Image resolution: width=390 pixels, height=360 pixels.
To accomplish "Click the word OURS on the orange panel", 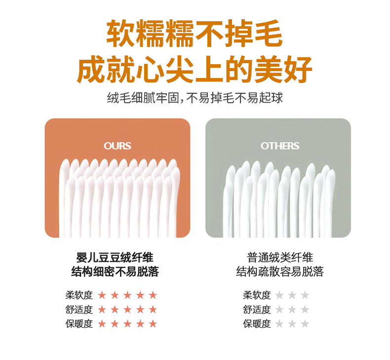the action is pyautogui.click(x=117, y=146).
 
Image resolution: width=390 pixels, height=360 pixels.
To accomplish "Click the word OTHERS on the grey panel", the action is pyautogui.click(x=280, y=146).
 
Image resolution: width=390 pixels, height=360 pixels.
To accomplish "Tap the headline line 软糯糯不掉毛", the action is pyautogui.click(x=195, y=34).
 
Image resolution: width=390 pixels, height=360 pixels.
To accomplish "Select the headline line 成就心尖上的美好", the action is pyautogui.click(x=195, y=70).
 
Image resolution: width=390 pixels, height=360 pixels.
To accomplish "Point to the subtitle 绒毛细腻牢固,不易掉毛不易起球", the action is pyautogui.click(x=195, y=98).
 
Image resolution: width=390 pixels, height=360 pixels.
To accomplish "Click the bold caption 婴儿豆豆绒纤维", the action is pyautogui.click(x=115, y=257).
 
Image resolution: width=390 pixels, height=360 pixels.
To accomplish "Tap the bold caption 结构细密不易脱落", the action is pyautogui.click(x=115, y=272).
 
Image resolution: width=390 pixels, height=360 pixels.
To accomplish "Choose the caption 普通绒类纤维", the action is pyautogui.click(x=280, y=257).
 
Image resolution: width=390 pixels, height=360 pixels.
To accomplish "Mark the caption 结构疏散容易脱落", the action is pyautogui.click(x=280, y=272).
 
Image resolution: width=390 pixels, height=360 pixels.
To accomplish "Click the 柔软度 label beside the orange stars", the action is pyautogui.click(x=79, y=295).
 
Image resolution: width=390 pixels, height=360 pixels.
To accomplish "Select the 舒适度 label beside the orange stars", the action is pyautogui.click(x=79, y=310).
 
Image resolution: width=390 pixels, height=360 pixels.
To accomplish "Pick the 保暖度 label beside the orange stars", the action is pyautogui.click(x=79, y=324).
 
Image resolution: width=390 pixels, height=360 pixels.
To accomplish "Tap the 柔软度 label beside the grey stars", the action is pyautogui.click(x=257, y=295).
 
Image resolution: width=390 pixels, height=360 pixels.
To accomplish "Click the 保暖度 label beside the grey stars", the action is pyautogui.click(x=257, y=324).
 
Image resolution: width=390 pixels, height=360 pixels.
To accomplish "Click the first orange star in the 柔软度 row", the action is pyautogui.click(x=102, y=295).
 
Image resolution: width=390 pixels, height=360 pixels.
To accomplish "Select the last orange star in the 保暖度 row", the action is pyautogui.click(x=153, y=323).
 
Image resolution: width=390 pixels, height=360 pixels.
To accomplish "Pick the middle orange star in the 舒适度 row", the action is pyautogui.click(x=127, y=310).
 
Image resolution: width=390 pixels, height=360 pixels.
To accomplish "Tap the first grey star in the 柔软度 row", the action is pyautogui.click(x=279, y=295).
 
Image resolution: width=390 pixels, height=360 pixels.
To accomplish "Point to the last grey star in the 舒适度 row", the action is pyautogui.click(x=305, y=310).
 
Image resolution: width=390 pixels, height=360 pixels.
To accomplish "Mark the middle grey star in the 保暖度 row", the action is pyautogui.click(x=292, y=323).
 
